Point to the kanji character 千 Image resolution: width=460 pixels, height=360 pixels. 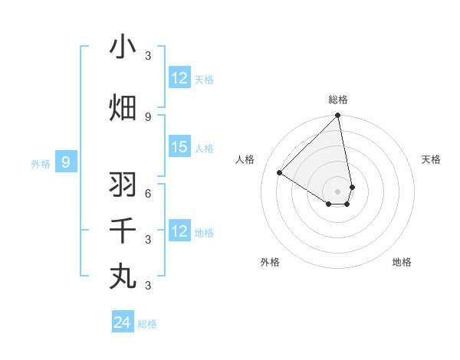coord(123,231)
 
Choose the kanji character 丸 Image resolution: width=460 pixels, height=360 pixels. coord(123,277)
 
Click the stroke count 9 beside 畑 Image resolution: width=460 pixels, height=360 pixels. coord(147,116)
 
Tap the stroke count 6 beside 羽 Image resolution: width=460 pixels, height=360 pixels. coord(147,193)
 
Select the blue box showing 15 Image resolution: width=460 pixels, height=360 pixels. coord(179,148)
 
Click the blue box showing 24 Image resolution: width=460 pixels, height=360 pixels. coord(123,322)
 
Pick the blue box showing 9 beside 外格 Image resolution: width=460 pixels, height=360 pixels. coord(66,162)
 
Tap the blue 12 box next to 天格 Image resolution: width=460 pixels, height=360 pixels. coord(179,78)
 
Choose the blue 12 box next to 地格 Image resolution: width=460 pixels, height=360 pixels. coord(179,231)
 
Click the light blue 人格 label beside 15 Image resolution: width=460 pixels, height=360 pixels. coord(204,149)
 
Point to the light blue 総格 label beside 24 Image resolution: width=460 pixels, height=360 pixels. coord(147,324)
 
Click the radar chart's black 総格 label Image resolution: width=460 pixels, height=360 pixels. coord(338,100)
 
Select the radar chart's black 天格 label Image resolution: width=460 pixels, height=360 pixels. coord(431,159)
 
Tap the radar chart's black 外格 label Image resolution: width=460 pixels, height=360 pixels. coord(270,262)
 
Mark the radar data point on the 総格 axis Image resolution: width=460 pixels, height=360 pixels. coord(338,116)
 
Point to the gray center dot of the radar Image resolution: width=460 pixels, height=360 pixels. coord(338,191)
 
